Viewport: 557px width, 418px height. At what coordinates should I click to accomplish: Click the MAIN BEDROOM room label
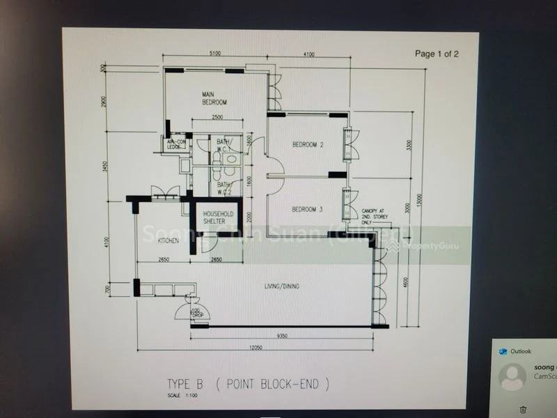coord(214,98)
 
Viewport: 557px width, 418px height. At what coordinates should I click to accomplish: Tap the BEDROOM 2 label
coord(308,145)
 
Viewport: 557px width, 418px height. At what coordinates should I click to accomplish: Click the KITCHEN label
coord(168,241)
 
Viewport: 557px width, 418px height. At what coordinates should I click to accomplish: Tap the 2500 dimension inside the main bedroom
coord(217,117)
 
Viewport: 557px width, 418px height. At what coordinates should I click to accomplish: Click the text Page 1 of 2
coord(437,53)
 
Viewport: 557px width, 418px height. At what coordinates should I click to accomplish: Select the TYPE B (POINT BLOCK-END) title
coord(246,384)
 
